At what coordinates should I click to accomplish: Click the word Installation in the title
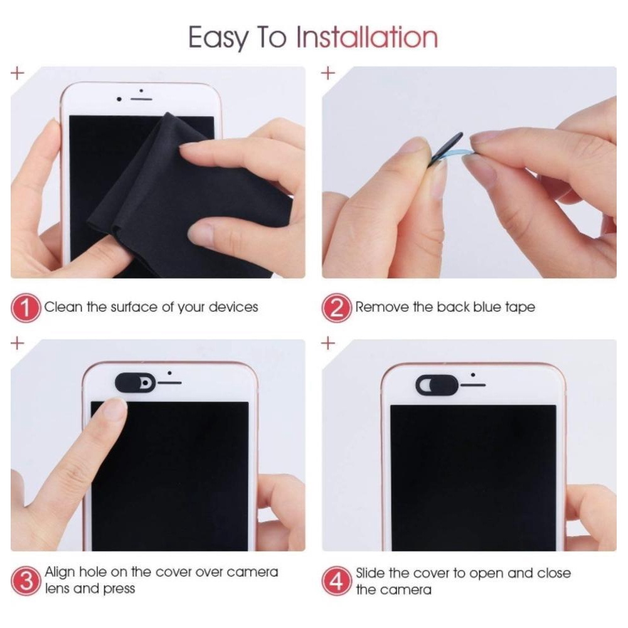point(366,38)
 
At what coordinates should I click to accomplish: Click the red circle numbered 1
point(26,308)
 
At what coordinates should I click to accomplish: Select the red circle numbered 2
point(338,308)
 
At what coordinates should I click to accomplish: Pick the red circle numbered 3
point(26,581)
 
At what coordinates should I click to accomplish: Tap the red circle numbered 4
point(338,581)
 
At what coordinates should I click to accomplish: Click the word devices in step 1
point(233,307)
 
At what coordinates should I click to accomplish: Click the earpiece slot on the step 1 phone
point(142,99)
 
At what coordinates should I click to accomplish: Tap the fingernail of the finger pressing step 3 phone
point(115,408)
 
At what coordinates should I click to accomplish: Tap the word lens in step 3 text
point(57,589)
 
